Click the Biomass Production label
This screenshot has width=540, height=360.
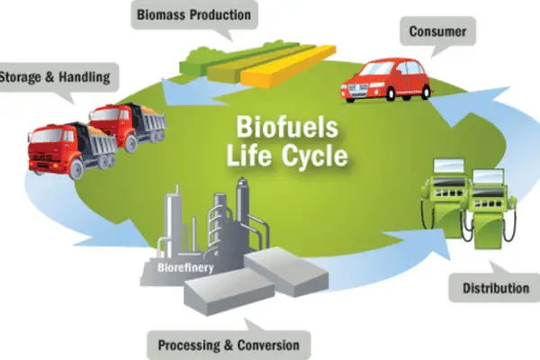click(193, 14)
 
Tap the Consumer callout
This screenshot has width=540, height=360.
click(437, 31)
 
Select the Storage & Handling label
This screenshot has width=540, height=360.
click(55, 76)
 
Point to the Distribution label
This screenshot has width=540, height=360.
click(496, 288)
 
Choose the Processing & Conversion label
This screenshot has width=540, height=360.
click(229, 345)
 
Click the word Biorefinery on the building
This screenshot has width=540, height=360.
click(185, 267)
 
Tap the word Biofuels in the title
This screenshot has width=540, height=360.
click(288, 127)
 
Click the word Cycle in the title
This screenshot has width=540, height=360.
click(315, 155)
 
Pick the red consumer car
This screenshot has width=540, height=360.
click(386, 80)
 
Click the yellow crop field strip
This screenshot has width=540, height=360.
click(289, 67)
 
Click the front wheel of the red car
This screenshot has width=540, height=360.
click(391, 94)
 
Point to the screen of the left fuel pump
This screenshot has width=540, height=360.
click(449, 166)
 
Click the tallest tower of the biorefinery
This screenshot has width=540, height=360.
click(243, 204)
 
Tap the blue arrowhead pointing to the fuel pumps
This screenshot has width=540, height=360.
click(426, 242)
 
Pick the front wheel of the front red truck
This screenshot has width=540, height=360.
click(76, 169)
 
